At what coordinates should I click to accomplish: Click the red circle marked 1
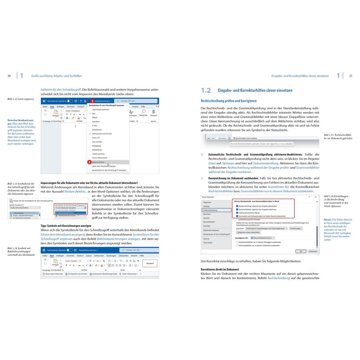point(92,101)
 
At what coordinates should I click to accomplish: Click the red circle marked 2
point(89,162)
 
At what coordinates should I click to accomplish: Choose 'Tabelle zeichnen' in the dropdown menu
point(99,154)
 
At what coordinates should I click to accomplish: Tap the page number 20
point(9,76)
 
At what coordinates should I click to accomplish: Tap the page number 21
point(351,76)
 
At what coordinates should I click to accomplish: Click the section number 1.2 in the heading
point(206,91)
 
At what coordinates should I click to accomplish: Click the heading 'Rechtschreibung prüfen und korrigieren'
point(229,101)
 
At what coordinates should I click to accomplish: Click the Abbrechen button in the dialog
point(313,251)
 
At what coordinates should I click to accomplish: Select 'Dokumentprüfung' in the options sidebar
point(210,210)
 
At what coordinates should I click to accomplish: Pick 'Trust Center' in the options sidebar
point(208,243)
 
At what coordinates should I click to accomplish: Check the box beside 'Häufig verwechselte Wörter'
point(237,213)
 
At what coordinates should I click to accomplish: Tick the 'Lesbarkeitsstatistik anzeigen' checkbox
point(237,219)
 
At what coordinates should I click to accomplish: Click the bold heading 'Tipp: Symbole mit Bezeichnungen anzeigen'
point(66,225)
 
